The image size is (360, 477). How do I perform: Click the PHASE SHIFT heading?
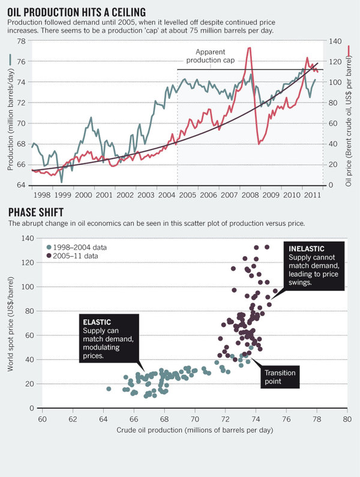point(37,212)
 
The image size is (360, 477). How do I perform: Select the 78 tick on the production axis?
point(21,41)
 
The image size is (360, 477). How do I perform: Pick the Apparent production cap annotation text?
point(210,56)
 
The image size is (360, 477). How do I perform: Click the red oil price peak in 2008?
point(248,48)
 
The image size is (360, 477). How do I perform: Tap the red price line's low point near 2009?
point(259,143)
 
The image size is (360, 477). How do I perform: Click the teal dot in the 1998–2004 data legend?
point(48,247)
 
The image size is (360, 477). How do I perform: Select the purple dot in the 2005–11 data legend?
point(48,256)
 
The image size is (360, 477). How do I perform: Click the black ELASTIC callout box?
point(109,339)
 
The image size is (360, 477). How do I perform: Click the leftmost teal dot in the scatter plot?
point(109,389)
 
